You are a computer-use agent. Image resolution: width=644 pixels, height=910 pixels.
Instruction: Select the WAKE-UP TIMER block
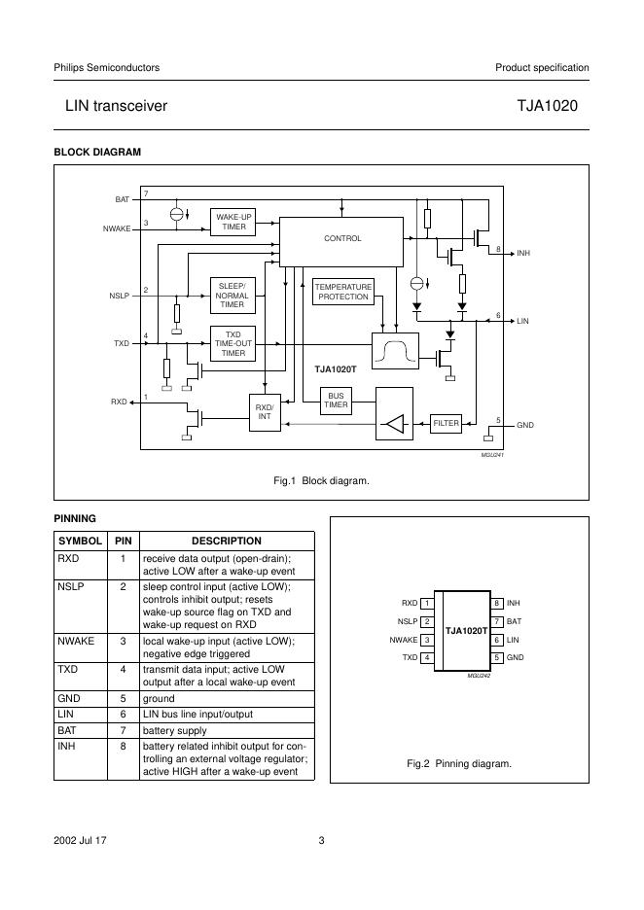(x=233, y=222)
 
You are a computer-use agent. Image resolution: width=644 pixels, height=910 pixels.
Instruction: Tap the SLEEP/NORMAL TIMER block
(x=233, y=295)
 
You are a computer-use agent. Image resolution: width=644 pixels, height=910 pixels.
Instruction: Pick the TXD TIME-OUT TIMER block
(x=233, y=344)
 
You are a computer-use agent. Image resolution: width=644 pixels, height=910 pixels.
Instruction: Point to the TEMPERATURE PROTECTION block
(x=343, y=292)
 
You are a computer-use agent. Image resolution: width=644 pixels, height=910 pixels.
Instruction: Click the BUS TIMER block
(x=336, y=400)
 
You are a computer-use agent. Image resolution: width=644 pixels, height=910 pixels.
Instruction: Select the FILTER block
(x=446, y=424)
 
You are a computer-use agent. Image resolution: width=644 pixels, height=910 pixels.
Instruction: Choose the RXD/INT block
(x=264, y=412)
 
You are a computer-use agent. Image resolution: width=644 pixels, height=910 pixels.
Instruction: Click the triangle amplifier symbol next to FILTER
(x=394, y=424)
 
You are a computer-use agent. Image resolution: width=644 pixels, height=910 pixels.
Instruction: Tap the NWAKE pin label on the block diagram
(x=116, y=228)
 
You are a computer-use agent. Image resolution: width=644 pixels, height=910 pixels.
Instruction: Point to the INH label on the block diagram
(x=523, y=254)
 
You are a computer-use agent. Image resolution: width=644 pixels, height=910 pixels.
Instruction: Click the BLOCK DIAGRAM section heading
(x=97, y=153)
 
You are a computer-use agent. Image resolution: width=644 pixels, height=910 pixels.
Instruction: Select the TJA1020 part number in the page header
(x=554, y=105)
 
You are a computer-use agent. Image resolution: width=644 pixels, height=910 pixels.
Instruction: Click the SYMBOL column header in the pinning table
(x=80, y=541)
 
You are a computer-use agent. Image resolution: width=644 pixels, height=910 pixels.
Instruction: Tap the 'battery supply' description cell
(x=174, y=729)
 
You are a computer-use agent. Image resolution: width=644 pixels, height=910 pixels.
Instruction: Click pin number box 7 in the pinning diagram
(x=496, y=621)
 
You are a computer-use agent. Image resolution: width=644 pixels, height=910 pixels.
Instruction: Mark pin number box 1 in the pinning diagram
(x=426, y=604)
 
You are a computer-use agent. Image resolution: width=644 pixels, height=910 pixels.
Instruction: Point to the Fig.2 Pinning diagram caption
(x=458, y=763)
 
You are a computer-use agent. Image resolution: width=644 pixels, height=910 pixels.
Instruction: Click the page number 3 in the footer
(x=321, y=841)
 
